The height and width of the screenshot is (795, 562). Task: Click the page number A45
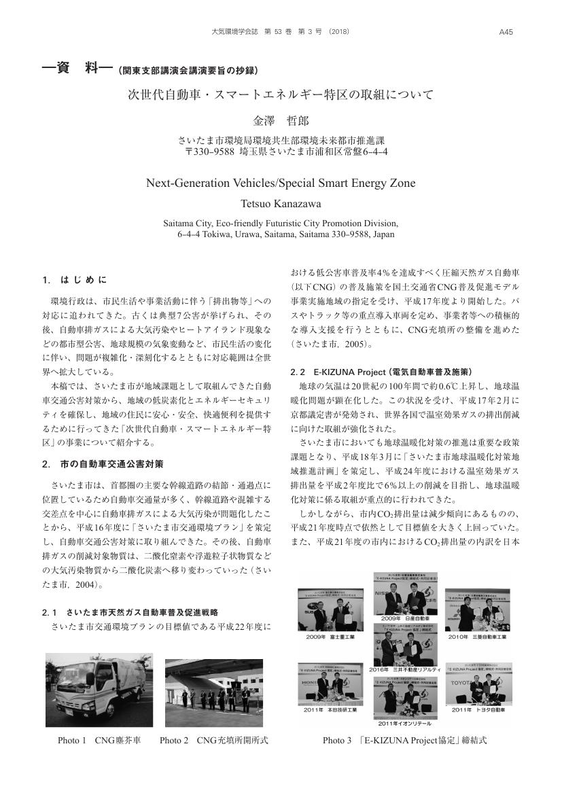click(506, 31)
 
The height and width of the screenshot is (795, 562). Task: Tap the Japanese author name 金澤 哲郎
click(281, 121)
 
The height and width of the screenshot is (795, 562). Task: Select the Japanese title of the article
click(281, 94)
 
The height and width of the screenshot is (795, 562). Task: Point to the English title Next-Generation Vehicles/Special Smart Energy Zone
click(281, 183)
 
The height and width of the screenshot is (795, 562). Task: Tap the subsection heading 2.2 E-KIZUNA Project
click(380, 372)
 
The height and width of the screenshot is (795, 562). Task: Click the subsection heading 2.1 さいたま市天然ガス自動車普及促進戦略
click(133, 612)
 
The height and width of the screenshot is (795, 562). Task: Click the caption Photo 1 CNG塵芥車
click(99, 740)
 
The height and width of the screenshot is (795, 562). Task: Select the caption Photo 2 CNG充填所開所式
click(214, 740)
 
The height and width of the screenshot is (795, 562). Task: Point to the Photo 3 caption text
click(404, 740)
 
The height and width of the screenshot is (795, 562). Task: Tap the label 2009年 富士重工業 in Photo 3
click(330, 637)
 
